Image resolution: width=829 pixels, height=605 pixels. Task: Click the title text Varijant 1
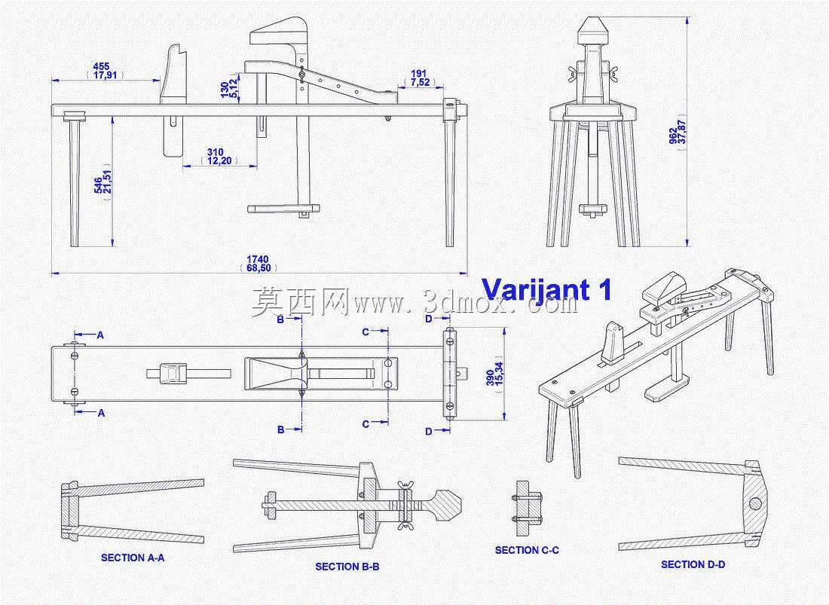[546, 289]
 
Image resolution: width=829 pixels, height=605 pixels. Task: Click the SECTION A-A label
[133, 558]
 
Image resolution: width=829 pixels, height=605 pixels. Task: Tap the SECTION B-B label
[347, 567]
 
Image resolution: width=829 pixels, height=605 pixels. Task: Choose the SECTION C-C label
[527, 550]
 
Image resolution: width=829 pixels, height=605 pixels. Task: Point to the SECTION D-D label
[693, 564]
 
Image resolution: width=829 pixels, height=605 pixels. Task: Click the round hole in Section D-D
[755, 502]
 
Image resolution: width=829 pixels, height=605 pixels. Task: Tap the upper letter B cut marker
[281, 319]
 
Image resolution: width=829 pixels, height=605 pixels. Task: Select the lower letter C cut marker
[366, 423]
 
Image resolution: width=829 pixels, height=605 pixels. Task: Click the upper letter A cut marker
[100, 335]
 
